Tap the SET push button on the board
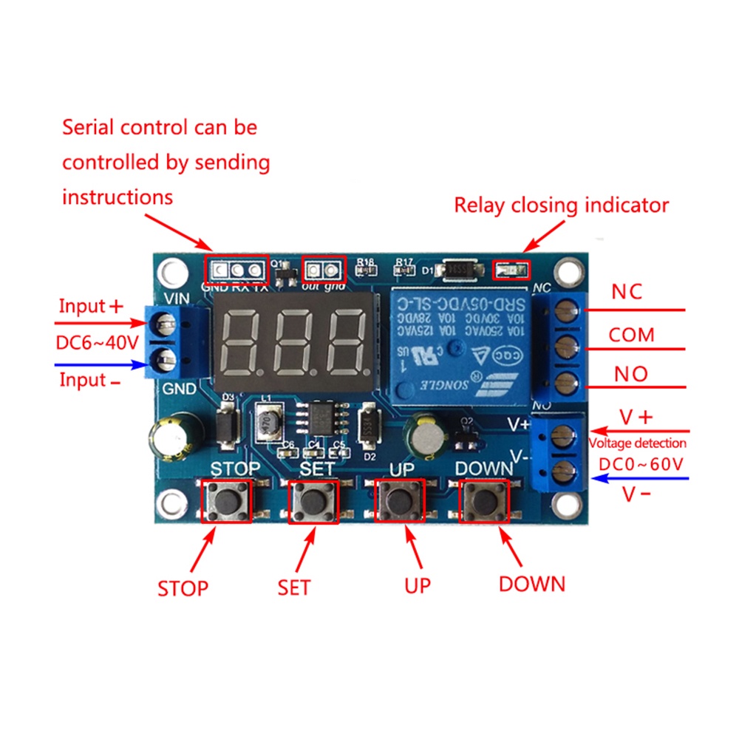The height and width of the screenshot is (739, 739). click(x=313, y=502)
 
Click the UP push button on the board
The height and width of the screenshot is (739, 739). click(x=401, y=502)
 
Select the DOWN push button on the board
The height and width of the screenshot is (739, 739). click(x=484, y=502)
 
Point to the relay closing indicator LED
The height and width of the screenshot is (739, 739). click(x=509, y=272)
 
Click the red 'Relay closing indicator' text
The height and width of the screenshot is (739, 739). click(x=561, y=205)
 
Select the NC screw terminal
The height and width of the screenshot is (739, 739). click(x=564, y=310)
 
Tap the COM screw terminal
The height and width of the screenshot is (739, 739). click(x=564, y=344)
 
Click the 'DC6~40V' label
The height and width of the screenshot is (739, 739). click(x=97, y=343)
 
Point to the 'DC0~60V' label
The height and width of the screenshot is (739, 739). click(x=641, y=464)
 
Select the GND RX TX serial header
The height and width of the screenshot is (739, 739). click(x=238, y=268)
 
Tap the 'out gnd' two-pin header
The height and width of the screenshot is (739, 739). click(x=324, y=268)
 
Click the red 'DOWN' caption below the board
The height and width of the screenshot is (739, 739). click(x=531, y=584)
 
